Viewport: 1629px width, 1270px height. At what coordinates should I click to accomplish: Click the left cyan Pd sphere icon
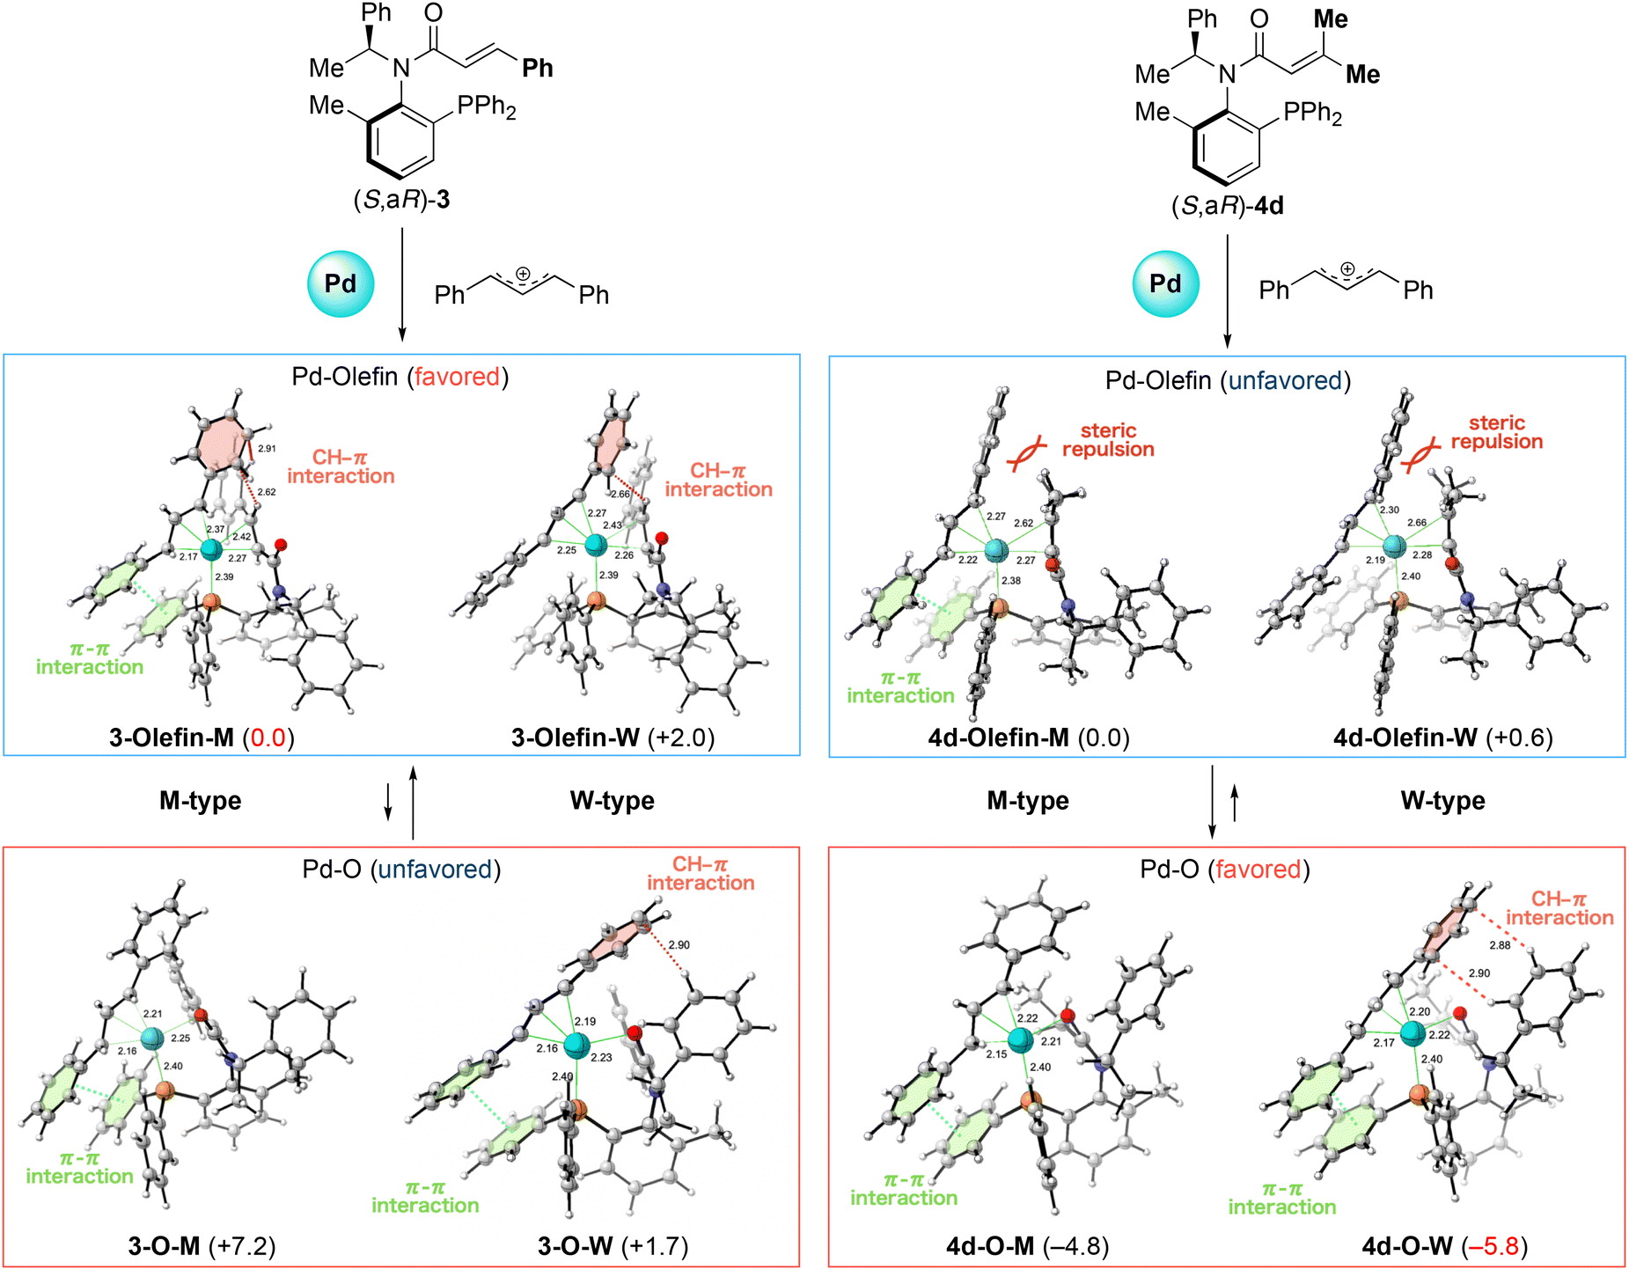[341, 283]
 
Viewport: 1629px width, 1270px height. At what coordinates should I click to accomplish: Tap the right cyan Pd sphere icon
[1165, 283]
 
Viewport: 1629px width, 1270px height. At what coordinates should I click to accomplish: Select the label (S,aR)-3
[401, 200]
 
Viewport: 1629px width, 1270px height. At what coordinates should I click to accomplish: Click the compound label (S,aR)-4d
[1228, 206]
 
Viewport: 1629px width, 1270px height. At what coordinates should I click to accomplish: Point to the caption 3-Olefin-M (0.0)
[202, 738]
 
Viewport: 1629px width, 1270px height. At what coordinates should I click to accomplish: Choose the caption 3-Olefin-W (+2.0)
[613, 738]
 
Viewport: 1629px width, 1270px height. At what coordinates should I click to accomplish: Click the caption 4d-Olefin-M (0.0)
[1029, 738]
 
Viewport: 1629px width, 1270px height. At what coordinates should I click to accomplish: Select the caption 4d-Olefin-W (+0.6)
[1443, 738]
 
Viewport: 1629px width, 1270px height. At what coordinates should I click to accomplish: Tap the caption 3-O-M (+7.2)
[202, 1246]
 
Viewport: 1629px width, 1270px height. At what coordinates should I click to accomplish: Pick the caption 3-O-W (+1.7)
[613, 1246]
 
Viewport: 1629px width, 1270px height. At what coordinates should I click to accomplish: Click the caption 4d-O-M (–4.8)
[1028, 1246]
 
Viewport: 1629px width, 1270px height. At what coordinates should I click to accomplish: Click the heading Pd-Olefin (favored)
[400, 377]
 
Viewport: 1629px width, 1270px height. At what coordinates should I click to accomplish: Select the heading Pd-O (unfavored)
[401, 870]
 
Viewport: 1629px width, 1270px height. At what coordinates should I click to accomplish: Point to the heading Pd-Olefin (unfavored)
[1228, 380]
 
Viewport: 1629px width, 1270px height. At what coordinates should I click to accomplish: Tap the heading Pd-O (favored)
[1225, 870]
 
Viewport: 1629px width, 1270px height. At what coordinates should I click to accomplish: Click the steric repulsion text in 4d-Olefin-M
[1108, 440]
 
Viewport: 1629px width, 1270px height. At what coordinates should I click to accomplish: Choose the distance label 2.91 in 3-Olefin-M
[267, 449]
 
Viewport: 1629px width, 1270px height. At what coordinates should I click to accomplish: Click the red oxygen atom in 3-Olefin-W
[662, 538]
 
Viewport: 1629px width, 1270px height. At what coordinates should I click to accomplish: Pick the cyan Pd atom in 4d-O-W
[1413, 1033]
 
